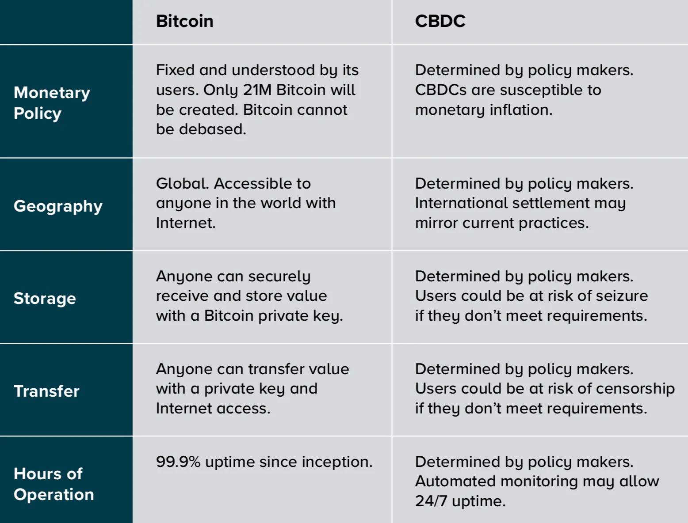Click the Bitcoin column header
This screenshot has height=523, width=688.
coord(184,21)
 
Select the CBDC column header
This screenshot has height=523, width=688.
coord(440,21)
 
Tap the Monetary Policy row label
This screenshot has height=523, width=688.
coord(52,102)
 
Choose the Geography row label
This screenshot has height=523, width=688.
coord(58,206)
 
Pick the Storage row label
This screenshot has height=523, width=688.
coord(45,299)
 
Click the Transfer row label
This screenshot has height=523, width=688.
coord(46,391)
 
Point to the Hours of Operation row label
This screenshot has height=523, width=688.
coord(54,484)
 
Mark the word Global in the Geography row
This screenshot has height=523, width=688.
coord(182,183)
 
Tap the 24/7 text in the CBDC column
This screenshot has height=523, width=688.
coord(431,501)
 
